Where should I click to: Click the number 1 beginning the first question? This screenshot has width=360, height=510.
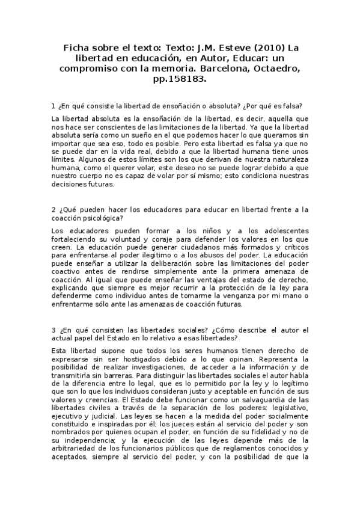pos(53,106)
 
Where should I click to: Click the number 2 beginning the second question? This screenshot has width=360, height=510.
pos(53,210)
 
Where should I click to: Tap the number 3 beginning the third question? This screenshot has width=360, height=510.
pos(53,330)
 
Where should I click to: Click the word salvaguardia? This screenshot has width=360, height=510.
pos(266,400)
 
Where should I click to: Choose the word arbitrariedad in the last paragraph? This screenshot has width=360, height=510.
pos(79,449)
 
